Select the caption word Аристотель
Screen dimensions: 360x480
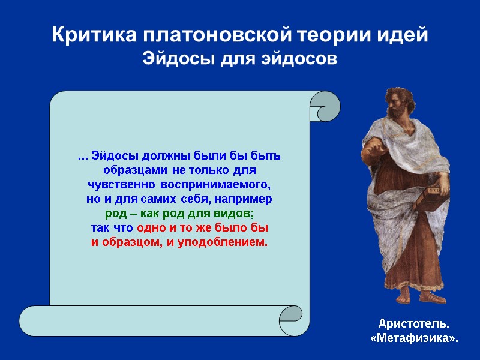click(x=413, y=325)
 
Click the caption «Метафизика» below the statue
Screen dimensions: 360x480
click(x=413, y=339)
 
